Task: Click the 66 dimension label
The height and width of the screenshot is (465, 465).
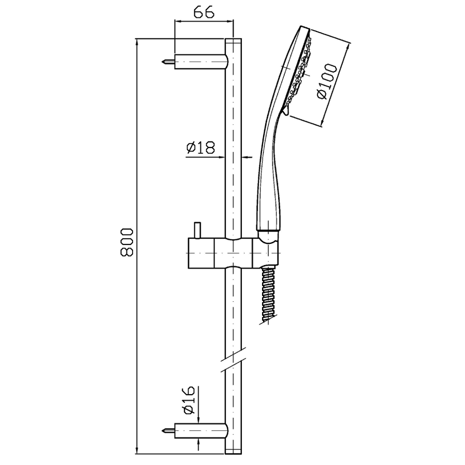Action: tap(204, 12)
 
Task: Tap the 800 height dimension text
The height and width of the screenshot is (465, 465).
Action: tap(127, 242)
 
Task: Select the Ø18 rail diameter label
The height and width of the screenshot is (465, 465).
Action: tap(200, 148)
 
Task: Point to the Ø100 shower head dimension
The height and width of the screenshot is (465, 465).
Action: tap(327, 81)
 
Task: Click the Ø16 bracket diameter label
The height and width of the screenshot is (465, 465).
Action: tap(188, 400)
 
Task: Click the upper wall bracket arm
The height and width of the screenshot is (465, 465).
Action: tap(201, 62)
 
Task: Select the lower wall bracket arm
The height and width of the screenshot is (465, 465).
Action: tap(201, 431)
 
